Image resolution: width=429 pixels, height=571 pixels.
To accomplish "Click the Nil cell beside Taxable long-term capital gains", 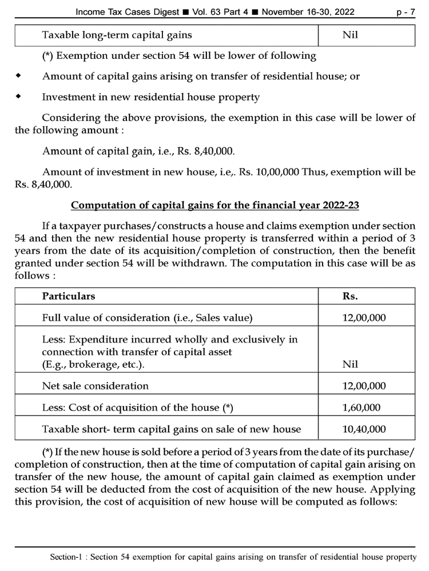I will tap(350, 35).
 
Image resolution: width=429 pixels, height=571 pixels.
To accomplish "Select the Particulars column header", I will tap(69, 296).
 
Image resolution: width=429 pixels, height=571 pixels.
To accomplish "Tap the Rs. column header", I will tap(350, 296).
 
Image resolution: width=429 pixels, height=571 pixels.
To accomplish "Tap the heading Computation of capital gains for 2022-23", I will tap(214, 205).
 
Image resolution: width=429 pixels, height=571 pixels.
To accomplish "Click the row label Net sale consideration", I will tap(96, 386).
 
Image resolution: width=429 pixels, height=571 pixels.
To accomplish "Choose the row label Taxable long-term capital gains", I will tap(117, 35).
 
